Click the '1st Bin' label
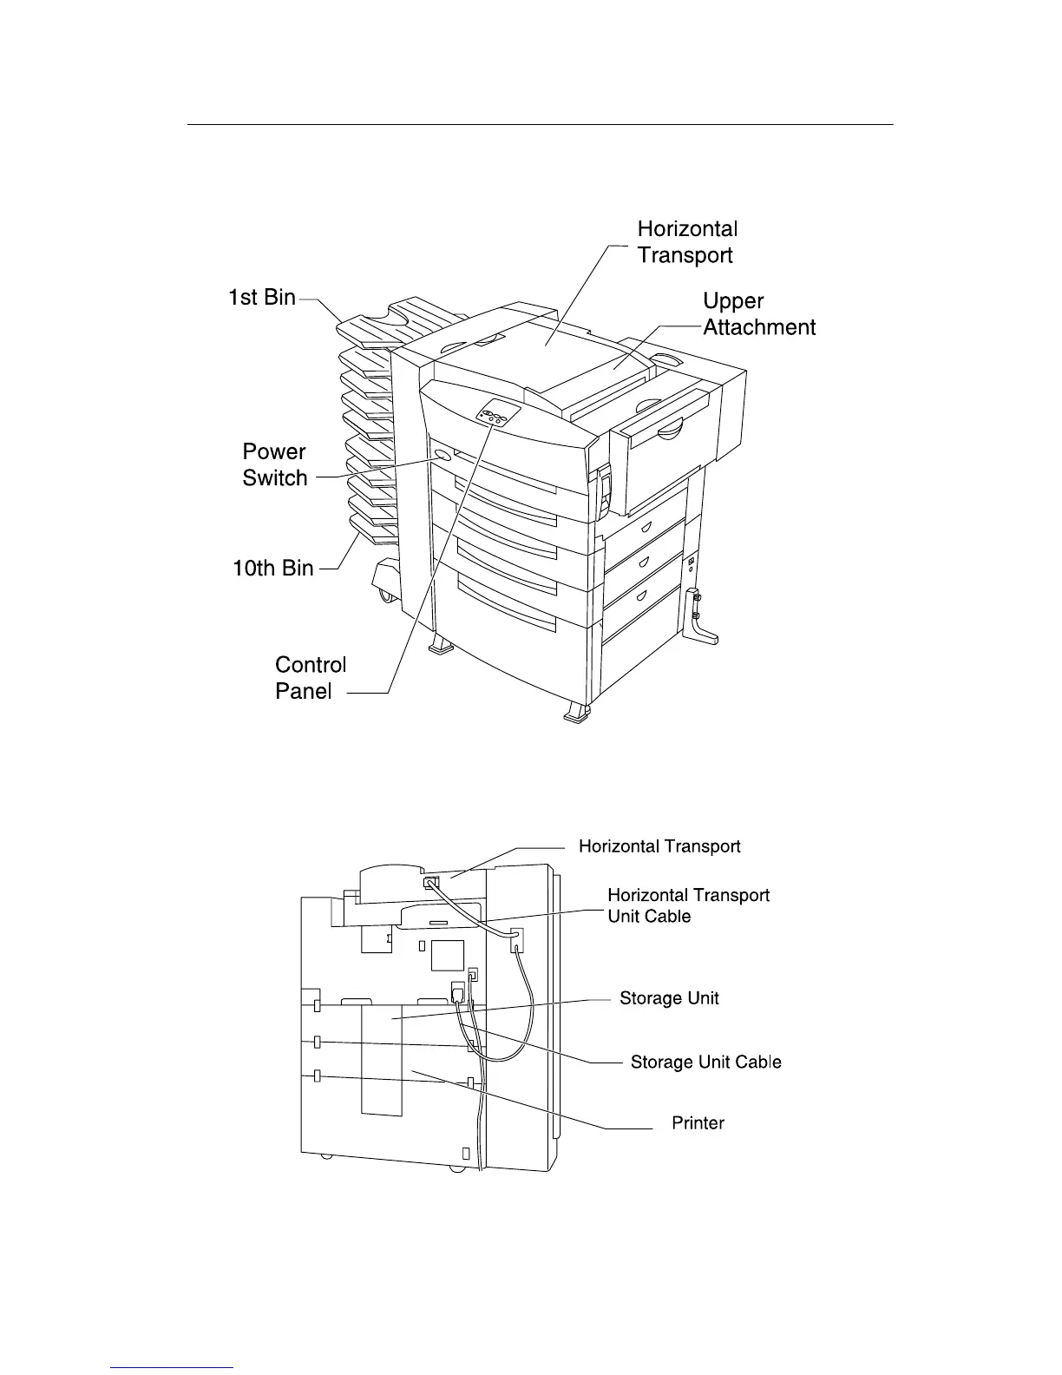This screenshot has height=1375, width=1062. tap(261, 298)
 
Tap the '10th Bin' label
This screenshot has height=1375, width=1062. tap(272, 569)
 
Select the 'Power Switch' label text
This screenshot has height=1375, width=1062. tap(275, 464)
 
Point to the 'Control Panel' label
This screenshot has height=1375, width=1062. tap(310, 677)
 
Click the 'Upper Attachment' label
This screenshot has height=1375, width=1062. tap(758, 314)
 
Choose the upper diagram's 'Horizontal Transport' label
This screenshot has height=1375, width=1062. tap(687, 242)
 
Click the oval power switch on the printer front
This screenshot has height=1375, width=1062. tap(441, 455)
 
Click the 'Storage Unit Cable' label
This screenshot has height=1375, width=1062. tap(705, 1062)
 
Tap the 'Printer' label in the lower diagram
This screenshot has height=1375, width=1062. tap(698, 1123)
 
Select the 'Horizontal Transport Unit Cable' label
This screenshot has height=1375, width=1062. tap(688, 905)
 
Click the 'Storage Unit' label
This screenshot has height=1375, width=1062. tap(669, 998)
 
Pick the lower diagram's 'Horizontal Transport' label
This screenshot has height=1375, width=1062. tap(659, 846)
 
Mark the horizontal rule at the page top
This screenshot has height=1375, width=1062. tap(540, 125)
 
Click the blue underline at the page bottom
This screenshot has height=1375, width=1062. tap(173, 1368)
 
